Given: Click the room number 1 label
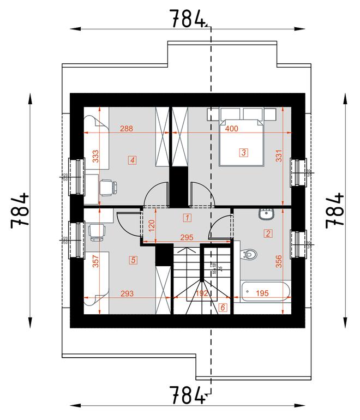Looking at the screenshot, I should point(187,218).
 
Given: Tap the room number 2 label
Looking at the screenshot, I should point(268,233).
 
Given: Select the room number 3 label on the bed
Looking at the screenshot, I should point(243,152).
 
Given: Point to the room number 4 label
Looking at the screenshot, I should point(132,160).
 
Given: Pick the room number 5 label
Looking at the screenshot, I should point(133,260).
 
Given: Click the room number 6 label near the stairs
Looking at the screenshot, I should point(223,308).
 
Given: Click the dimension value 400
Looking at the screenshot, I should point(231,129).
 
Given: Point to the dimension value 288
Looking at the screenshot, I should point(126,129).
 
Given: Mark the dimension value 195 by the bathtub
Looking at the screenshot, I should point(262,293).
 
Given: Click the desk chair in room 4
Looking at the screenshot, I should point(108,187).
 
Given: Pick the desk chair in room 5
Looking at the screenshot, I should point(97,231).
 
